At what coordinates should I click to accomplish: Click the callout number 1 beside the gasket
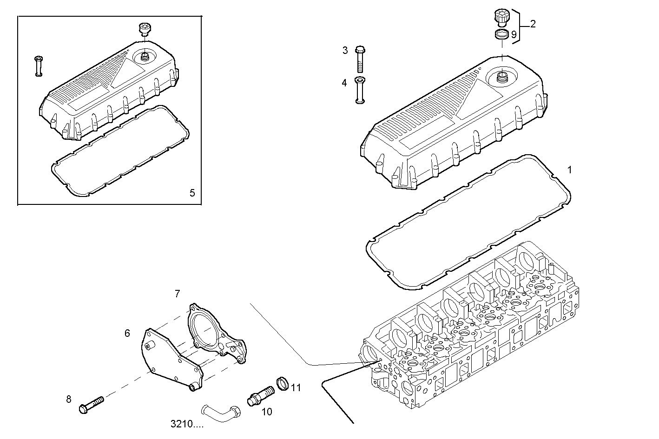pos(570,170)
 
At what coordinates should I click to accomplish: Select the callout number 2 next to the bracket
pos(533,24)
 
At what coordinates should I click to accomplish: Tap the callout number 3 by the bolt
pos(345,50)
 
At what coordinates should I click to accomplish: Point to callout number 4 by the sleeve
pos(344,83)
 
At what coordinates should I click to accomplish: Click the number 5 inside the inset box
pos(192,193)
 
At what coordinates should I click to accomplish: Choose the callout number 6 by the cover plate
pos(127,333)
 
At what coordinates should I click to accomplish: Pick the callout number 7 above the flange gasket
pos(177,294)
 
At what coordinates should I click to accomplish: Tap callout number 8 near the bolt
pos(69,399)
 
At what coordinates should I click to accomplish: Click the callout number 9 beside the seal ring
pos(514,35)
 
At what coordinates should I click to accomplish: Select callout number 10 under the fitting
pos(266,412)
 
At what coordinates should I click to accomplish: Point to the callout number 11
pos(296,387)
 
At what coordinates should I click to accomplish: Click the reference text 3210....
pos(187,424)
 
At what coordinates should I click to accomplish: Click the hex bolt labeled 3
pos(361,59)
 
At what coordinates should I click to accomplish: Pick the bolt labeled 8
pos(91,404)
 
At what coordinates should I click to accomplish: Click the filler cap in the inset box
pos(145,29)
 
